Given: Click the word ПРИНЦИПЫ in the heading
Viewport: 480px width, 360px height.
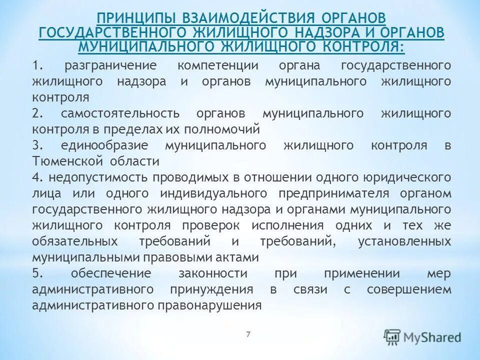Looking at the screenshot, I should [128, 17].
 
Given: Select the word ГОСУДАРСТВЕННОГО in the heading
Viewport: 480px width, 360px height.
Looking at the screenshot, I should [106, 32].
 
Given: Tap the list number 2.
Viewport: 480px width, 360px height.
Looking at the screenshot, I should [36, 113].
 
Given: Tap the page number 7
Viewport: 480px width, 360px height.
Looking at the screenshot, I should [248, 333].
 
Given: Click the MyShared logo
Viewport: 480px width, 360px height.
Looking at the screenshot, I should [422, 336].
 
